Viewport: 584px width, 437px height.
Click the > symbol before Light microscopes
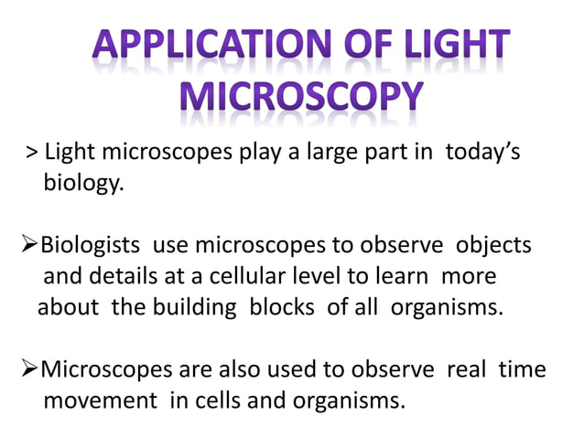31,153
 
